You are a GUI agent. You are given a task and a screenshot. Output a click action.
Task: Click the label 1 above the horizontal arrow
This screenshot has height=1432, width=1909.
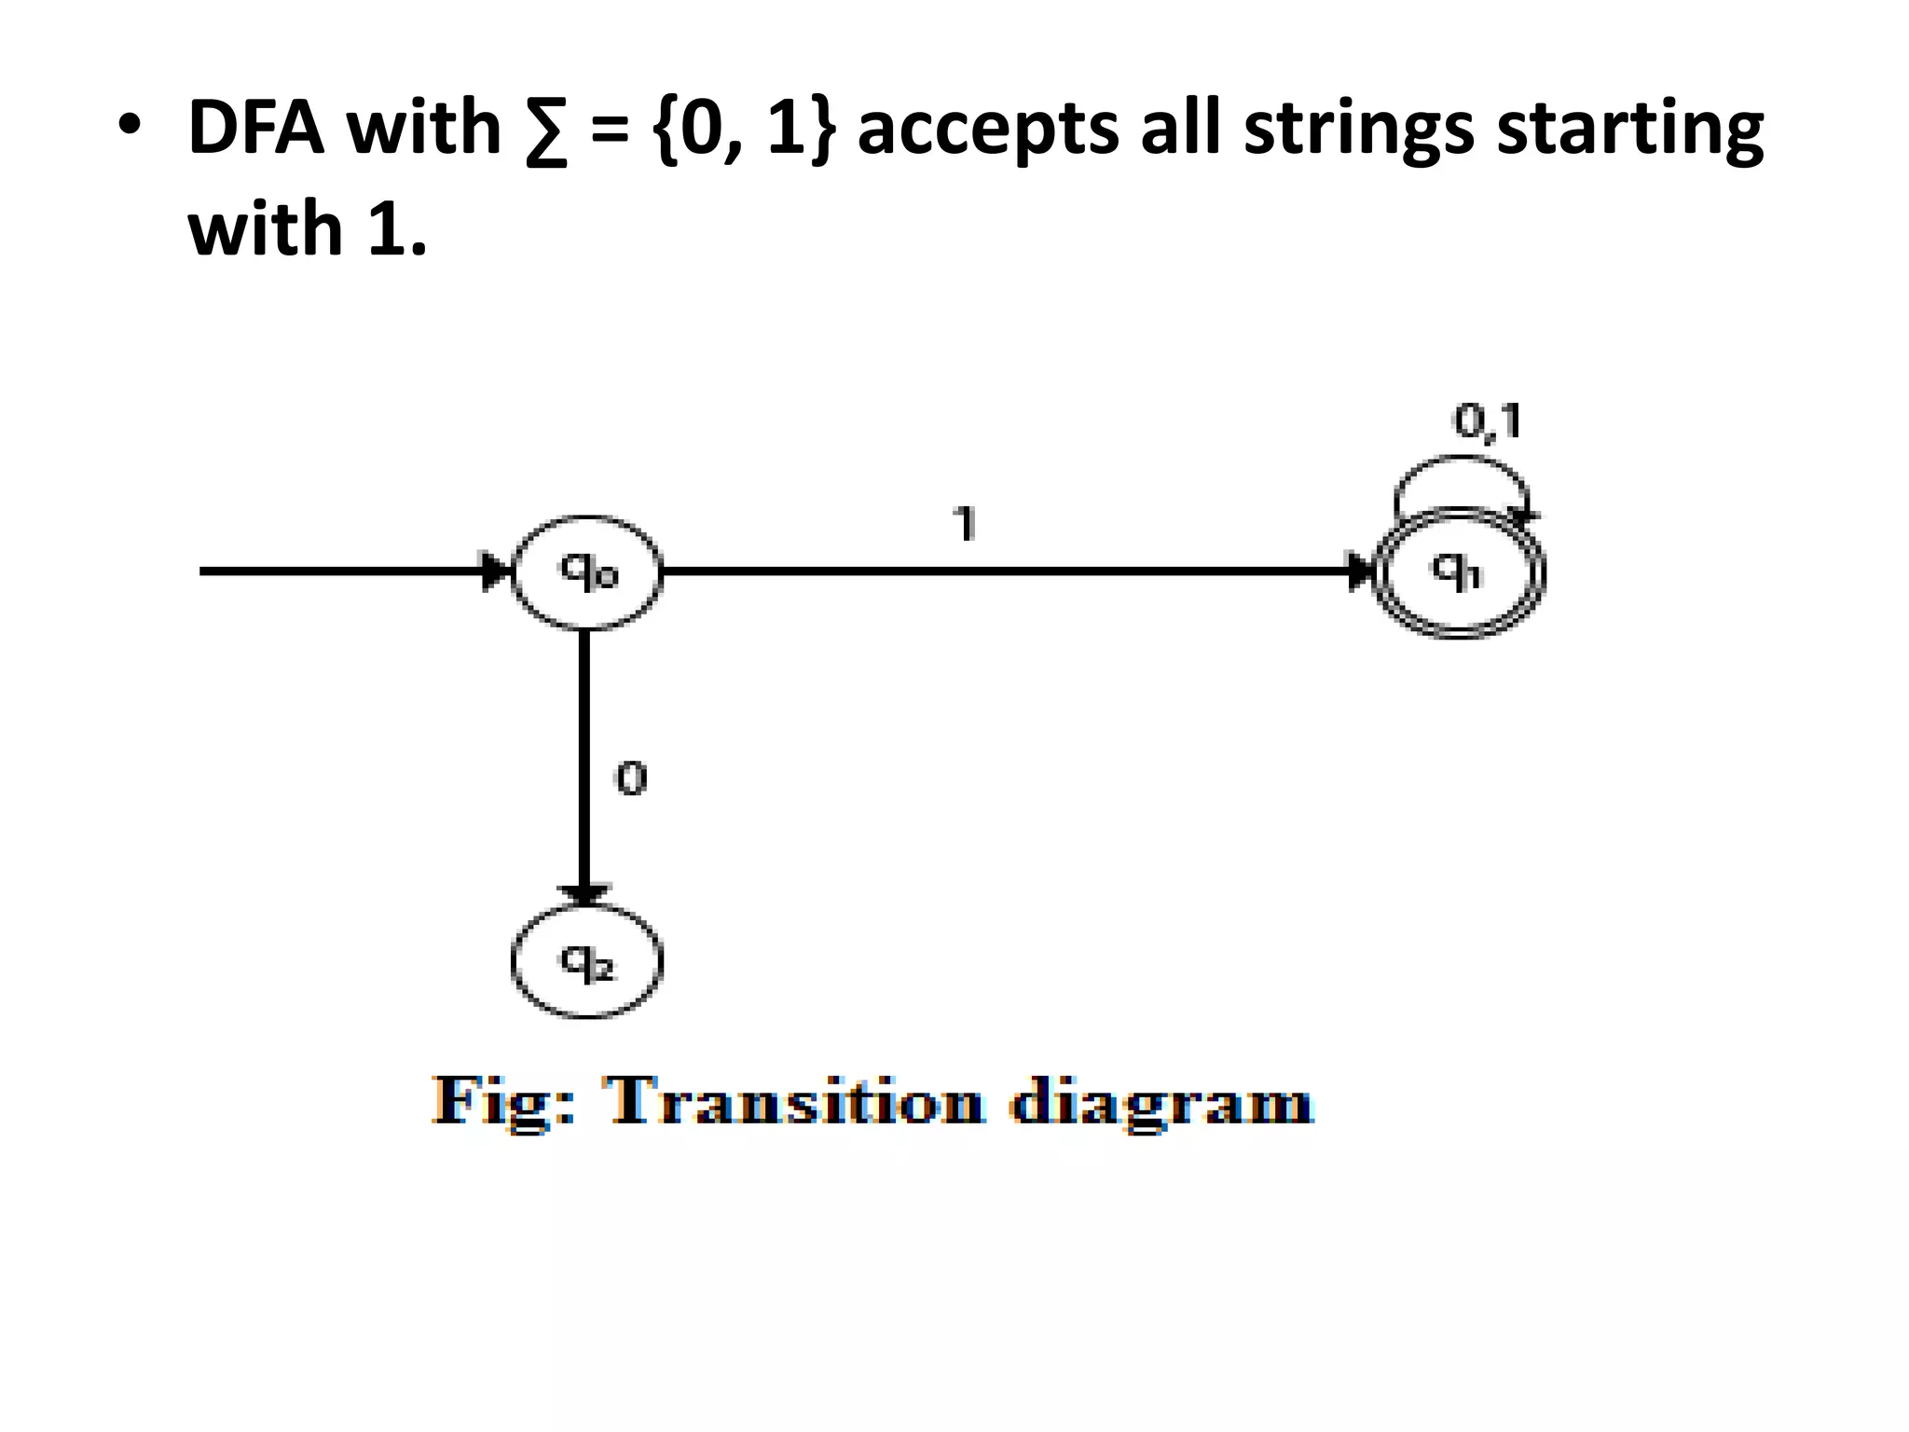click(x=966, y=523)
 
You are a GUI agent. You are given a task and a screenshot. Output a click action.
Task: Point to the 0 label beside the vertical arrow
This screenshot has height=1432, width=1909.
click(x=631, y=778)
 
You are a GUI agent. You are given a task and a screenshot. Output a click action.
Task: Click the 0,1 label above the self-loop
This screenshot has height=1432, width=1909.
click(x=1488, y=421)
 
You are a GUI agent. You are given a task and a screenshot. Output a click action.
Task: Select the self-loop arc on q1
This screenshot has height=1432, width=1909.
click(x=1462, y=458)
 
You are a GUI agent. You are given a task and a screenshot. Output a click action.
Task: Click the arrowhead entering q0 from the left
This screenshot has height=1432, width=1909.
click(x=498, y=571)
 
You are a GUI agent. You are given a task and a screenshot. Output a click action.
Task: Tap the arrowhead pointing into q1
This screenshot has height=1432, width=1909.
click(x=1361, y=571)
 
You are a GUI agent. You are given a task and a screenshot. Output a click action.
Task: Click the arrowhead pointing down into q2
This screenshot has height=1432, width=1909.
click(x=584, y=894)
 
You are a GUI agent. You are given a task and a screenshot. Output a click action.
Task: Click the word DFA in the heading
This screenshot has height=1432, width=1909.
click(x=255, y=128)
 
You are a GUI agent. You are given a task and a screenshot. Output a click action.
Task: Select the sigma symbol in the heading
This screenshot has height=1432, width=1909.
click(x=546, y=131)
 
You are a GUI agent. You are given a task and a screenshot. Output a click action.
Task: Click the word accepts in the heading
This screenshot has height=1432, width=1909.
click(x=988, y=131)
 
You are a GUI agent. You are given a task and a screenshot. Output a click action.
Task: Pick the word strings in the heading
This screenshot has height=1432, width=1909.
click(x=1359, y=131)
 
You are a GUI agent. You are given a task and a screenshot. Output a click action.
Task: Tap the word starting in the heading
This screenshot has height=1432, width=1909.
click(x=1629, y=131)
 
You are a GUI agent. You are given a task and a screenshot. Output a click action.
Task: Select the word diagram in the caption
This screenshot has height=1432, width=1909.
click(x=1161, y=1104)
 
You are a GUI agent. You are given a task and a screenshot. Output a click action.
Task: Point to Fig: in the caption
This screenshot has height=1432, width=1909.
click(x=503, y=1104)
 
